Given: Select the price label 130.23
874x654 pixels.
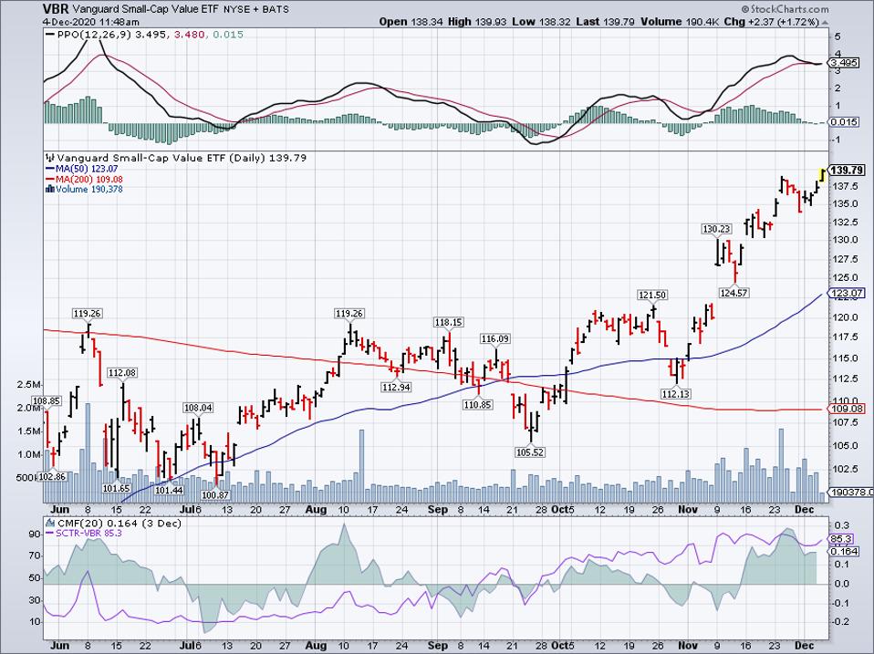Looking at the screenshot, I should coord(717,229).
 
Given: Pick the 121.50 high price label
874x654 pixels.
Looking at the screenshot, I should coord(652,295).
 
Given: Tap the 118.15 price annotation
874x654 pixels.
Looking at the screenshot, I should coord(449,322).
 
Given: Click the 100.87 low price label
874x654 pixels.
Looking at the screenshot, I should coord(214,494).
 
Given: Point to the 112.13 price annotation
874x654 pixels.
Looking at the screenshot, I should coord(677,393).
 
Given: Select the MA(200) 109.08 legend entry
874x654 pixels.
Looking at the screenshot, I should coord(87,179).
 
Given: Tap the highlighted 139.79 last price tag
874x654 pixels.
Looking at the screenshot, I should coord(847,171).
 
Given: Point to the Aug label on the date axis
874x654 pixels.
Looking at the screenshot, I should coord(315,510).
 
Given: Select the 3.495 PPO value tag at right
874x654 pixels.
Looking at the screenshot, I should coord(848,63).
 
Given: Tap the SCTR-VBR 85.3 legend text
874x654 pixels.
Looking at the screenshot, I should coord(90,533).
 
